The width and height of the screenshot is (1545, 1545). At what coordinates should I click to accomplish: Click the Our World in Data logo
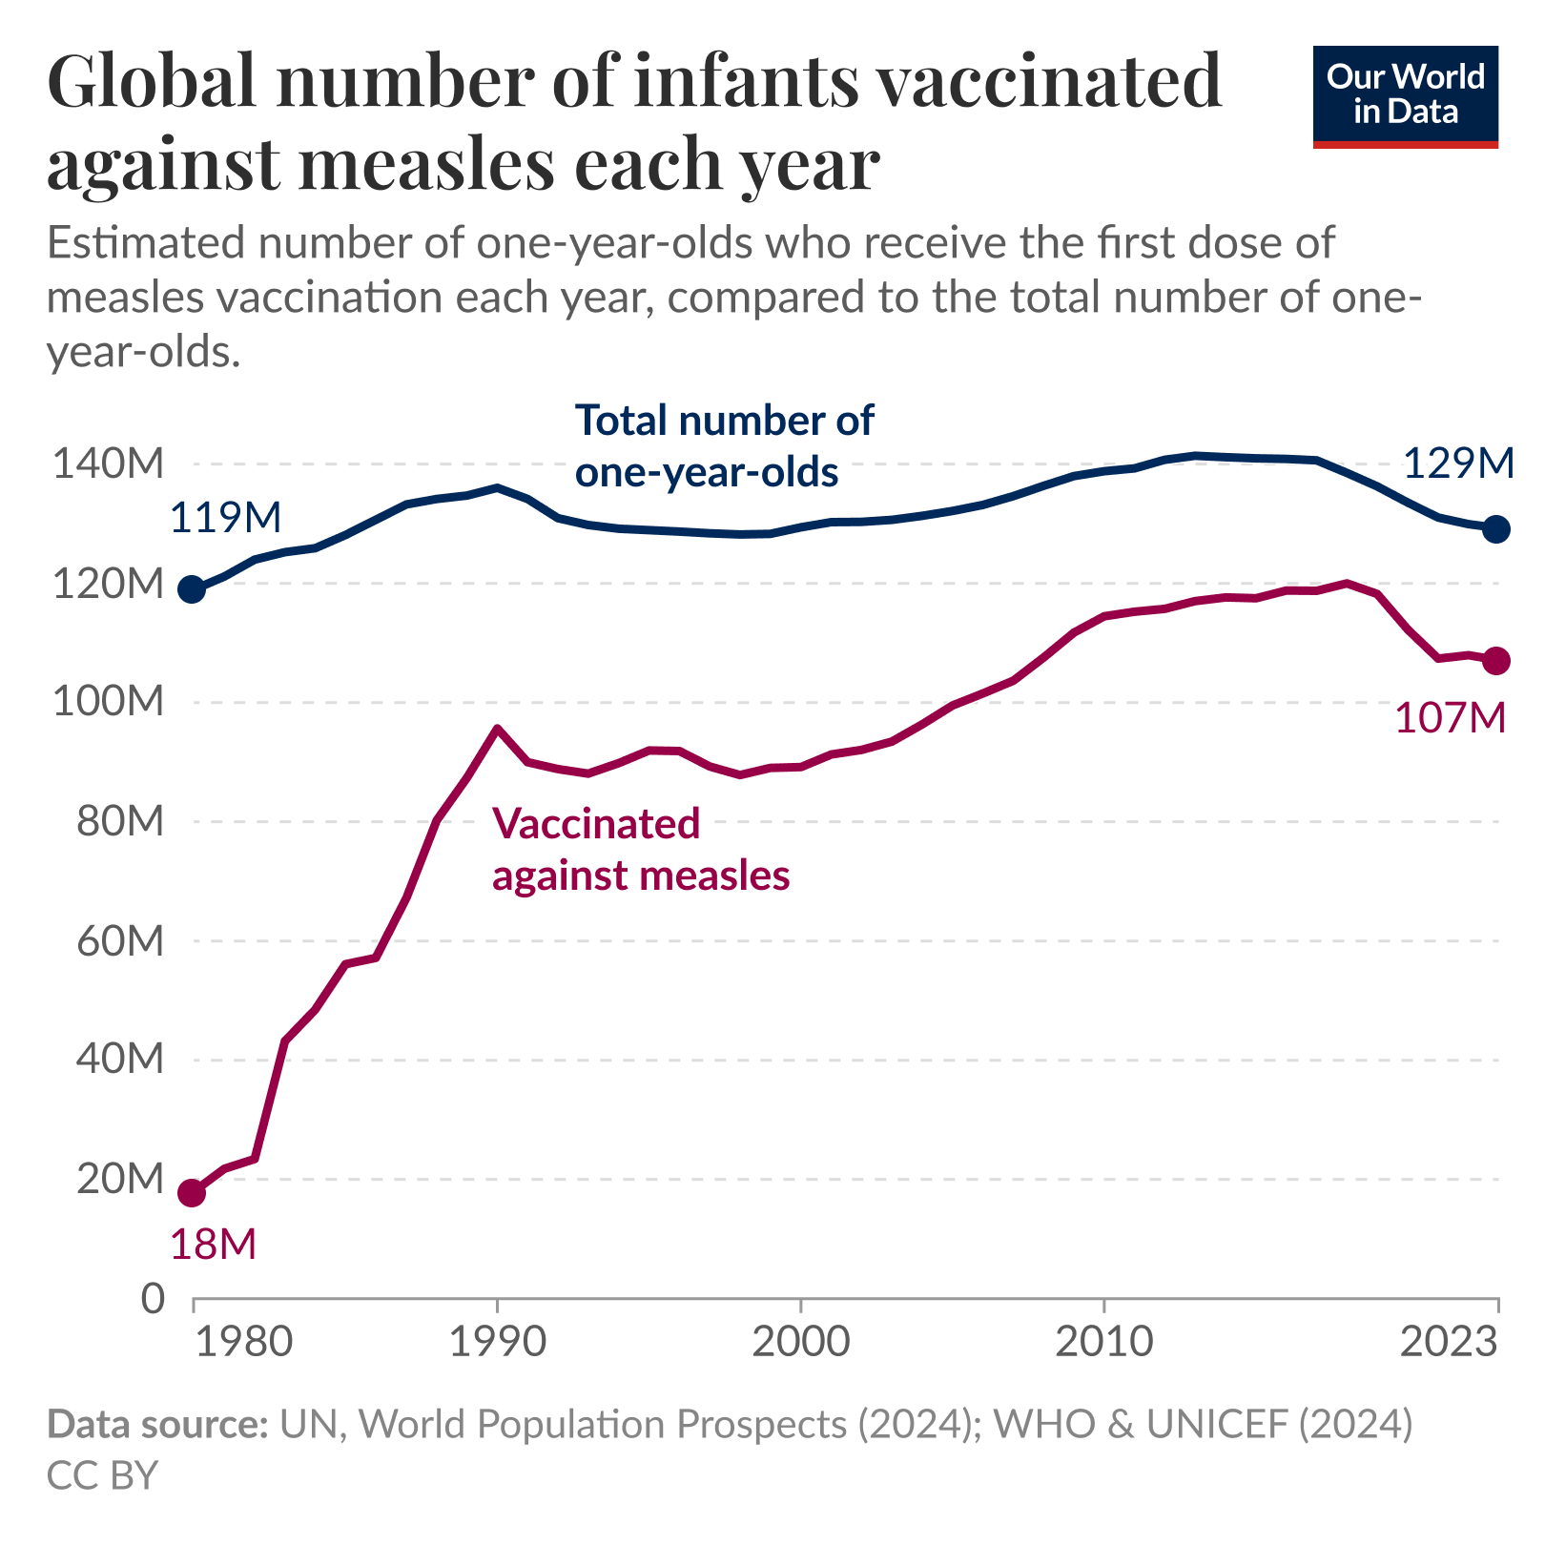tap(1405, 96)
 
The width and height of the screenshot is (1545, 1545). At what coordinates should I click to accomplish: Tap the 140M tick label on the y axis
tap(108, 464)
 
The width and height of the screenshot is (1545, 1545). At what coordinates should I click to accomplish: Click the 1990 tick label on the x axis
tap(497, 1342)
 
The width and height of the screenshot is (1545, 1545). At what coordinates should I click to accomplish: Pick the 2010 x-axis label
tap(1103, 1342)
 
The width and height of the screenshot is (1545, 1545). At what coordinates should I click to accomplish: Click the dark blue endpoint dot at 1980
tap(193, 589)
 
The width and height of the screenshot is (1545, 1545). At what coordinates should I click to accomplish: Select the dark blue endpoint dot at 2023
tap(1496, 528)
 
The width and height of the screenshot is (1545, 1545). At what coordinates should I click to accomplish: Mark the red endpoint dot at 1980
tap(193, 1192)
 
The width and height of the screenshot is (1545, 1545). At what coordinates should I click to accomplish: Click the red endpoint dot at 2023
tap(1496, 661)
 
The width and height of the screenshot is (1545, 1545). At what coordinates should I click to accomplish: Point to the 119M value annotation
tap(226, 518)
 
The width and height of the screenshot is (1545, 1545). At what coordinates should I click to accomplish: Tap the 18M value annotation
tap(214, 1245)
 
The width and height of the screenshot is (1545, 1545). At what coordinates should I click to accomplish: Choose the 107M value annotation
tap(1450, 718)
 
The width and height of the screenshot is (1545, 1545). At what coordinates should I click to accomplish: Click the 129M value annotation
tap(1458, 463)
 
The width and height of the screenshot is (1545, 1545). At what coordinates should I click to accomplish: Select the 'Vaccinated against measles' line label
tap(640, 849)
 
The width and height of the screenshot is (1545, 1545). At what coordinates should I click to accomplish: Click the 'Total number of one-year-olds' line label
tap(724, 446)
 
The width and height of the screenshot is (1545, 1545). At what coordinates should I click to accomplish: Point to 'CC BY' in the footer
tap(102, 1474)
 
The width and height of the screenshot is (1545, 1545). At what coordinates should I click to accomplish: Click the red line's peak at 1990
tap(497, 729)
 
